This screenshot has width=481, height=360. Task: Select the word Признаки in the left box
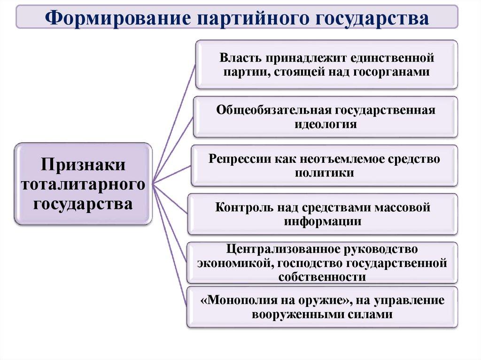coord(83,166)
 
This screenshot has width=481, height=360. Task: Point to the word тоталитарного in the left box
coord(83,184)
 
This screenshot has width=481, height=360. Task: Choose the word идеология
coord(326,124)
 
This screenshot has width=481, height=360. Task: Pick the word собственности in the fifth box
coord(322,277)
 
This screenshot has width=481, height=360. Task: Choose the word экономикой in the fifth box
coord(233,263)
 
